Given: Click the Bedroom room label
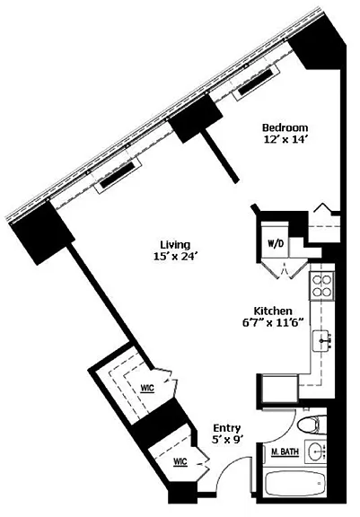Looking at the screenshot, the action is pos(285,127).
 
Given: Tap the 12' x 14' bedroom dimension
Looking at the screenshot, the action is pos(285,139).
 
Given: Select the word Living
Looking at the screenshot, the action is pos(175,245).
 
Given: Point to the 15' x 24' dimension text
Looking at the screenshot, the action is pos(175,256).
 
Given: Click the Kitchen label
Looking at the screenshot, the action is pos(273,311).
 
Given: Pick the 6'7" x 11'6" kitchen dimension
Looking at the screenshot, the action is pos(273,322).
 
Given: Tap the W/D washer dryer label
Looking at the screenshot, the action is pos(274,244).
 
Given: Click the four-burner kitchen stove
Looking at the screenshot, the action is pos(321,286).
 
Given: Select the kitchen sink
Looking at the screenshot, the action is pos(322,341).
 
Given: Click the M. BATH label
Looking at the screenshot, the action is pos(285,452).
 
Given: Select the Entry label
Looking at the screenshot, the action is pos(226,428).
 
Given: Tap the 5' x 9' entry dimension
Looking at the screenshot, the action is pos(227,440).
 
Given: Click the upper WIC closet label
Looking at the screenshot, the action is pos(147,388).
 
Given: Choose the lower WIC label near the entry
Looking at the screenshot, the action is pos(180,461).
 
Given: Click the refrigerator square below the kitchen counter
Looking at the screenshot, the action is pos(279,388).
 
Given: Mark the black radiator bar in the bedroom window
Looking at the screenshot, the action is pos(256,81).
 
